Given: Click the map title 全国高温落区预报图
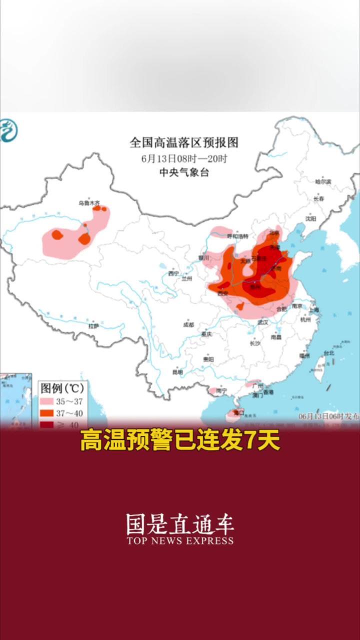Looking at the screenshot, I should point(184,143).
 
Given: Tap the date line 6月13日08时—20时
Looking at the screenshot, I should point(184,159).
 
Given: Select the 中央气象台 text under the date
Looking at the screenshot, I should point(183,173).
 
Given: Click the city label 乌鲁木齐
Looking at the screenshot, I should point(85,203).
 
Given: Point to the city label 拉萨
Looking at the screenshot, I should point(93,326).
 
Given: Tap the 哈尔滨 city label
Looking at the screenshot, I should point(323,182).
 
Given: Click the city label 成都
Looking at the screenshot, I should point(188,324).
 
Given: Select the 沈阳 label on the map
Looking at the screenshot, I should point(311,218).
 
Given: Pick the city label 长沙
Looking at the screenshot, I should point(255,343).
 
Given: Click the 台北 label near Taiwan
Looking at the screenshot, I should point(328,352).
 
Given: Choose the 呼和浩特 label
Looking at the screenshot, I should point(237,235).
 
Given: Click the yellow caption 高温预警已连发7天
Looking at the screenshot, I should point(180,441).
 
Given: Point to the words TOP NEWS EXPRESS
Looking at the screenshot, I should point(180,540).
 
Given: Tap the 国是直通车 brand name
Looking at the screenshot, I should point(180,524).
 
